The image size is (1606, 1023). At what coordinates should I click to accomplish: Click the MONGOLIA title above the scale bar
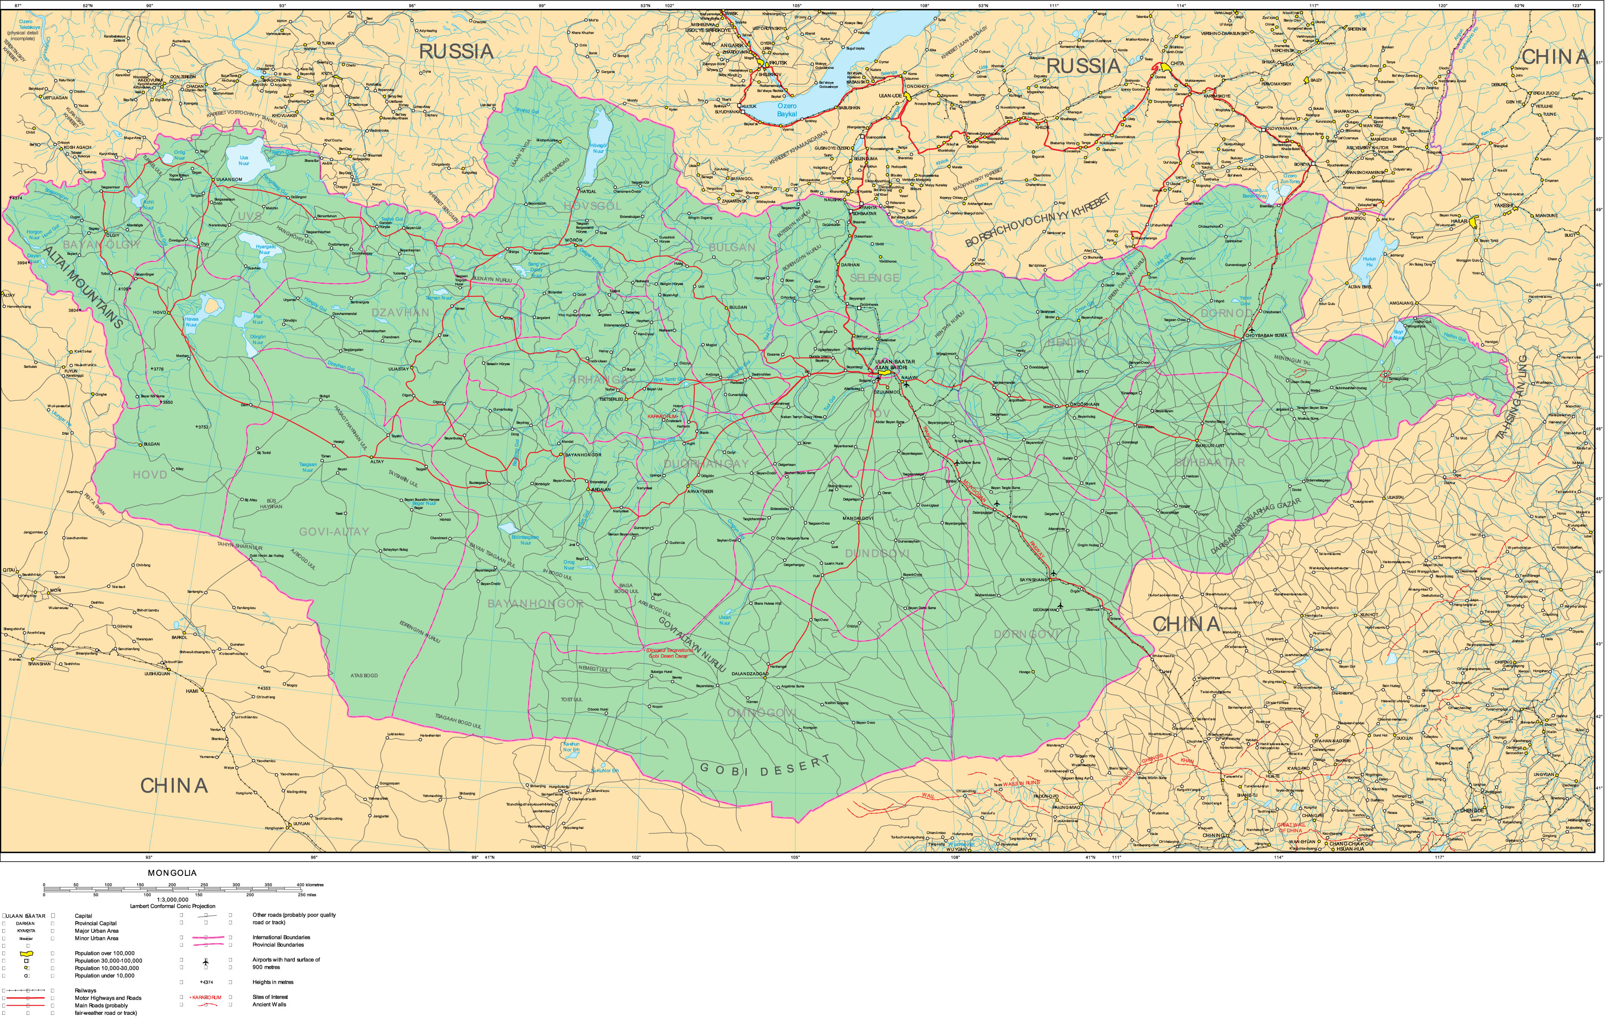[172, 873]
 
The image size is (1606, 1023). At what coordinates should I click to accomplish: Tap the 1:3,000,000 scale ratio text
[172, 899]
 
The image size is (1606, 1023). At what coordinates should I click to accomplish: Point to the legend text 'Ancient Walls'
[269, 1004]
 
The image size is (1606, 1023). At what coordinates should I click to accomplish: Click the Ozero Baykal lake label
[787, 110]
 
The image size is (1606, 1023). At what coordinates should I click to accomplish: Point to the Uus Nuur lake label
[244, 161]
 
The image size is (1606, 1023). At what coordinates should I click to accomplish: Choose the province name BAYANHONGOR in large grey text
[536, 603]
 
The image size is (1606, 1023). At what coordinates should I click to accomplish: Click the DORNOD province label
[1226, 313]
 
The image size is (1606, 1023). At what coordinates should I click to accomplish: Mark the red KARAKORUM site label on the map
[664, 416]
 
